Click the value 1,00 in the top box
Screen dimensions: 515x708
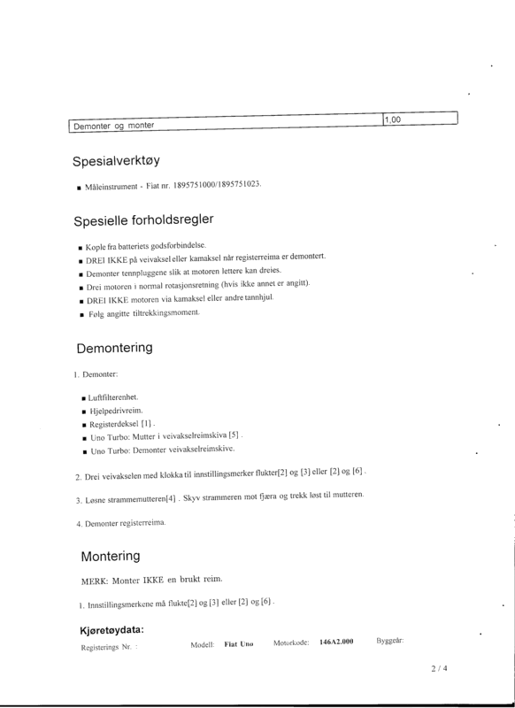tap(392, 119)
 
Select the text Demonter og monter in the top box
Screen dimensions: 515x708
tap(113, 126)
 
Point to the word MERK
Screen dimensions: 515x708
tap(94, 581)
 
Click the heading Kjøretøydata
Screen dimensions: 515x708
tap(112, 630)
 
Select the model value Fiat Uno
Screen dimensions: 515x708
tap(239, 643)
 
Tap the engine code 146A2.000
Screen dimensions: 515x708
tap(336, 641)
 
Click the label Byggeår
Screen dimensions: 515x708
tap(390, 639)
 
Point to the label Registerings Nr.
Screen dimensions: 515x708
tap(109, 647)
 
